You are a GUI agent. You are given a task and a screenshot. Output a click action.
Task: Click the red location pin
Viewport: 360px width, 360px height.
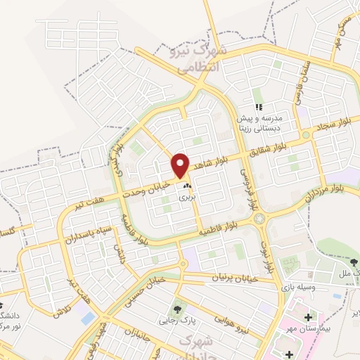[181, 165]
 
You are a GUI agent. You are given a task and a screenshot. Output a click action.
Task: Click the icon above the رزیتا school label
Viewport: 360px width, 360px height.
[259, 107]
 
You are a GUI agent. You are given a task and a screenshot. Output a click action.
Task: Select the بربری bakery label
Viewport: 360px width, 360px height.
[186, 198]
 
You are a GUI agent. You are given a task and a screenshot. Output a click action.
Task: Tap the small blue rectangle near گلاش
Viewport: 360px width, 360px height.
[88, 318]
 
